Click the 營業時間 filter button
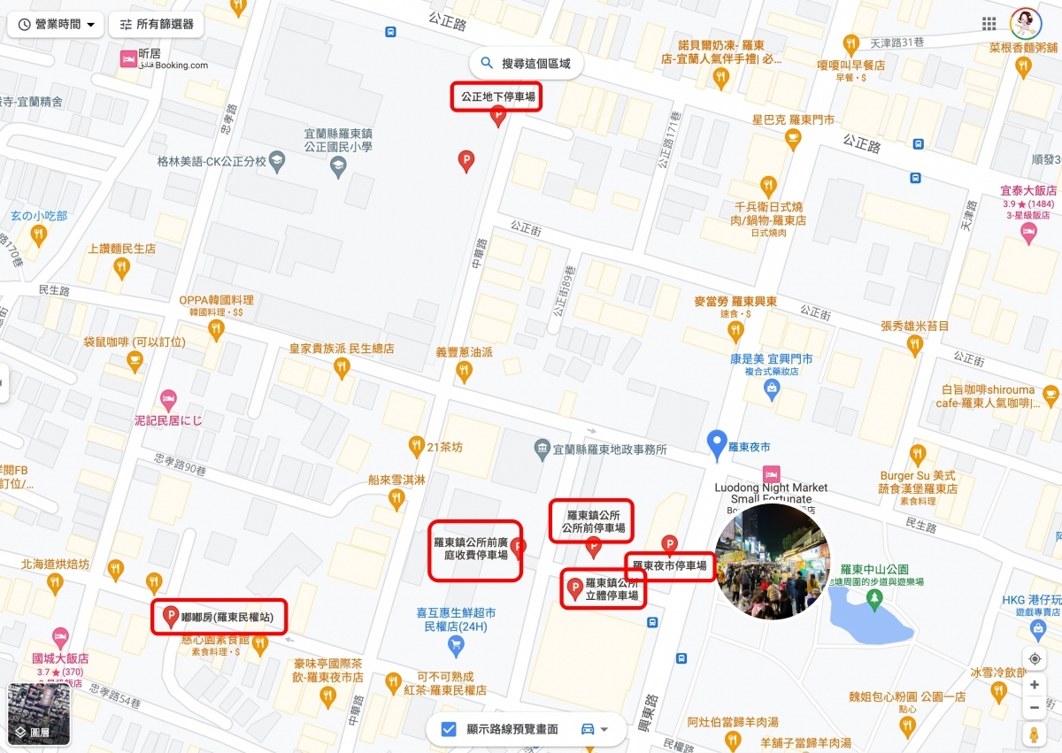coord(55,25)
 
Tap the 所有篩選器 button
coord(156,25)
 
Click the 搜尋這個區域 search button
coord(526,64)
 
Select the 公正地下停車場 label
coord(496,96)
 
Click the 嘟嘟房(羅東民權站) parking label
coord(227,617)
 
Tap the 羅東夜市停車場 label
coord(669,565)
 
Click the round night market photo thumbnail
coord(772,561)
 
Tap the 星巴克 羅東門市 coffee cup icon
coord(793,138)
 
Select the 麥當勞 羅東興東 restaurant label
coord(735,302)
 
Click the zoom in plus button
coord(1034,685)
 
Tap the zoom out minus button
coord(1034,708)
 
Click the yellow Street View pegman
coord(1034,734)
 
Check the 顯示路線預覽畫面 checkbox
coord(449,729)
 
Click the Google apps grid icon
coord(989,23)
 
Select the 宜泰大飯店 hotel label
coord(1028,190)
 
